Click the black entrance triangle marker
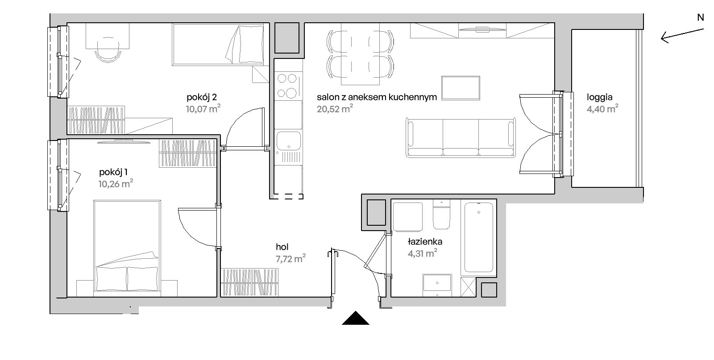[x=355, y=318]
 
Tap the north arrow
[x=682, y=36]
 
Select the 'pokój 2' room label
[x=202, y=97]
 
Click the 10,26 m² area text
[x=116, y=184]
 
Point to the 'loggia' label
[x=600, y=97]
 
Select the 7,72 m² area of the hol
[x=291, y=258]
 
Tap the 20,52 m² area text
[x=335, y=109]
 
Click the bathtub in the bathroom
[x=479, y=237]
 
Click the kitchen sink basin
[x=288, y=141]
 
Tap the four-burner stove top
[x=287, y=86]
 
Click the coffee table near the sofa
[x=461, y=88]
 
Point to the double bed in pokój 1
[x=127, y=246]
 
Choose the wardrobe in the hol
[x=249, y=282]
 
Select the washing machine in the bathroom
[x=408, y=217]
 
